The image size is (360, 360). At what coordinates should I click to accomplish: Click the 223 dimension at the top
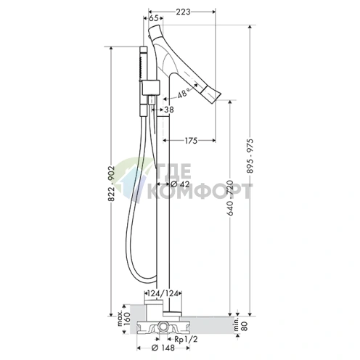point(183,12)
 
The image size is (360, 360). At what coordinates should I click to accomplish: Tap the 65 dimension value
point(153,18)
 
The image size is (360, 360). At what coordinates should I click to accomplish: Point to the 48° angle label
point(184,93)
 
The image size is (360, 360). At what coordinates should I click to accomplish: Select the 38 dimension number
point(169,110)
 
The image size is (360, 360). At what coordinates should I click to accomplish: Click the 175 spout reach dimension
point(191,141)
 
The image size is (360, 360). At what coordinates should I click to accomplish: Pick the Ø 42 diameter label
point(180,184)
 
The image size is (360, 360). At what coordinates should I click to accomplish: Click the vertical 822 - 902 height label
point(111,184)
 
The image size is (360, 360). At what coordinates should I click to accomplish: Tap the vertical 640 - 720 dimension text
point(230,197)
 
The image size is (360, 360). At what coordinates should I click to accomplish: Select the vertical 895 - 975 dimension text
point(250,156)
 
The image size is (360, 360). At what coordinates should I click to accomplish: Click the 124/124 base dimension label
point(163,293)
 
